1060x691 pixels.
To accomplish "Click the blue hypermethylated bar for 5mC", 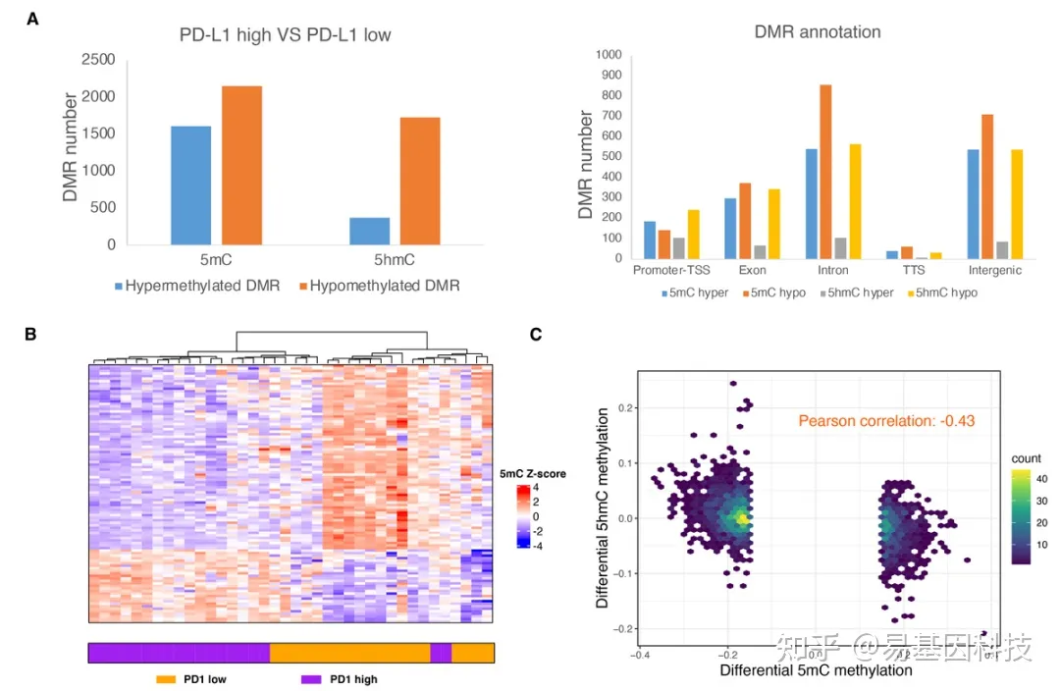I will pos(190,185).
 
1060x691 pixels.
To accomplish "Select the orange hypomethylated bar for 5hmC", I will pos(420,181).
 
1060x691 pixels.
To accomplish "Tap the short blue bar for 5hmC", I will pos(369,231).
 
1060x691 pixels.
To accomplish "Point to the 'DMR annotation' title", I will pos(818,31).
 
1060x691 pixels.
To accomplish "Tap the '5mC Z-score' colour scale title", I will pos(533,474).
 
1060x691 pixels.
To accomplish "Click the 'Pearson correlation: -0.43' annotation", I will pos(885,421).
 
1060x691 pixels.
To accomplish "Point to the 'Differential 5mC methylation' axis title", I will pos(816,671).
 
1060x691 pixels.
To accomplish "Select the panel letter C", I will pos(536,335).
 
